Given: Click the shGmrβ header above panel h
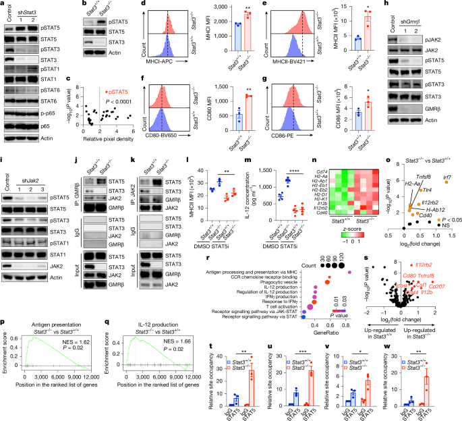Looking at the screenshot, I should [428, 7].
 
